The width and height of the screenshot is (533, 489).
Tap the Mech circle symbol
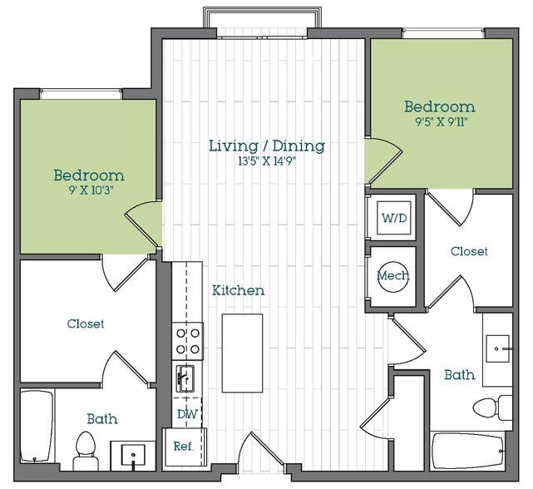pos(391,274)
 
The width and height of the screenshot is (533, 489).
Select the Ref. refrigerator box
pos(183,447)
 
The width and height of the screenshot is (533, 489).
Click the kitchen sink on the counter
pos(185,378)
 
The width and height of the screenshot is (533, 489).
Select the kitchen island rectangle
pos(242,352)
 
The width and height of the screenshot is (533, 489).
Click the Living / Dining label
pos(266,146)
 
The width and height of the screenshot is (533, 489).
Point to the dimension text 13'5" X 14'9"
pos(266,161)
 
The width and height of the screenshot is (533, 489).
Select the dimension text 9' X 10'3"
pos(89,190)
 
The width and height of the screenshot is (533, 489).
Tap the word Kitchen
pos(239,290)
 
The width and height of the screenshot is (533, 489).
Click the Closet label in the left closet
pos(86,324)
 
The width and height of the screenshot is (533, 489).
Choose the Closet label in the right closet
pos(469,251)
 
